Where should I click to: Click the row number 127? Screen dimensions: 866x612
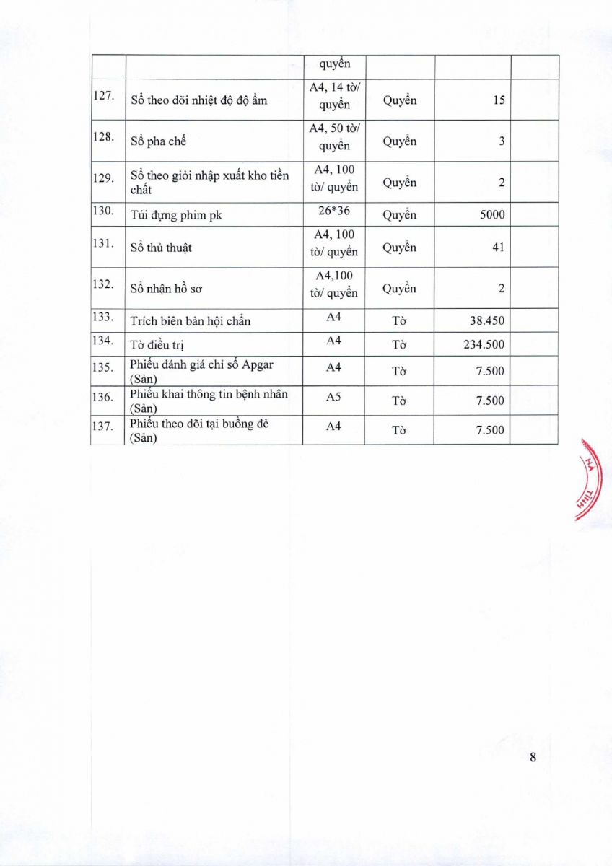(x=104, y=96)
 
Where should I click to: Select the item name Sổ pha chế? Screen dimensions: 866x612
(x=158, y=141)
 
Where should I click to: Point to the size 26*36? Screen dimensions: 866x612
(x=333, y=214)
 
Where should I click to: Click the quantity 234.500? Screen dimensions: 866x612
(x=484, y=344)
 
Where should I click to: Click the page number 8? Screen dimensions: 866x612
(x=533, y=757)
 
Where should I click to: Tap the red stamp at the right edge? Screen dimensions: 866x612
(x=590, y=479)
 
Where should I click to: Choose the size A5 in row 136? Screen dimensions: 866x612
(x=333, y=396)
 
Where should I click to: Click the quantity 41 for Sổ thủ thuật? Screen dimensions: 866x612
(x=497, y=248)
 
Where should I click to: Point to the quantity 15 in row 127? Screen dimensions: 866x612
(x=498, y=100)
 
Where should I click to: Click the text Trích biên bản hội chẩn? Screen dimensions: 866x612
(x=190, y=321)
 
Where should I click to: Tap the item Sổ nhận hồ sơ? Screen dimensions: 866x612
(x=167, y=289)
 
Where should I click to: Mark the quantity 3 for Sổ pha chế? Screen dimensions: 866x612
(x=501, y=141)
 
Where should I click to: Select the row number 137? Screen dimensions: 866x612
(x=103, y=426)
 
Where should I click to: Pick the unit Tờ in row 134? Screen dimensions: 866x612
(x=399, y=344)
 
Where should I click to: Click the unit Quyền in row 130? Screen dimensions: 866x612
(x=399, y=214)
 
